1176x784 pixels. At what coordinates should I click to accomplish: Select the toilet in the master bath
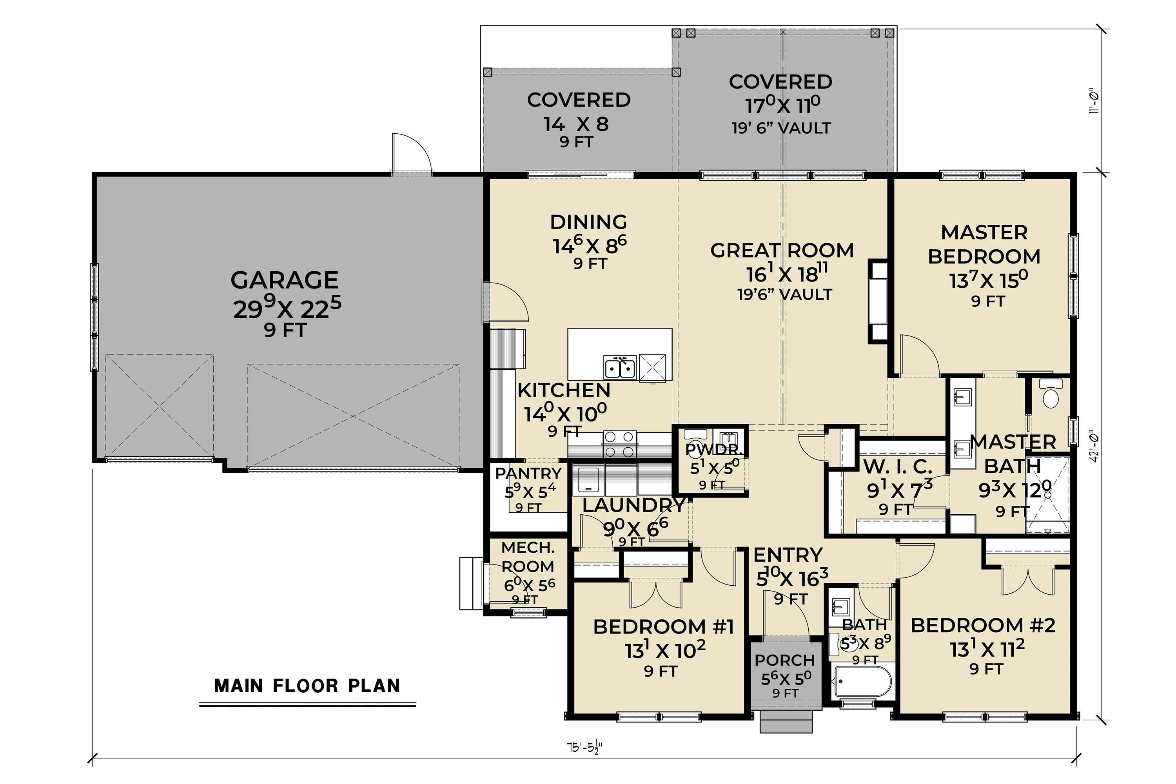[1049, 395]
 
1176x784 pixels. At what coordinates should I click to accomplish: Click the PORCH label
[784, 661]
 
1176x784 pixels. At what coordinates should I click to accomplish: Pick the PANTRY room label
[528, 474]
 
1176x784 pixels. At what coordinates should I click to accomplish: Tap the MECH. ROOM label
[528, 557]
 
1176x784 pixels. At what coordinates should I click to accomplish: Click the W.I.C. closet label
[898, 466]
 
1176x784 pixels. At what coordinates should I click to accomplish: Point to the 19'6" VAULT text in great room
[784, 294]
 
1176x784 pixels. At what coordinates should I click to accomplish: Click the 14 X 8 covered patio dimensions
[576, 124]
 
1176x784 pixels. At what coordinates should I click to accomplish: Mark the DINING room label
[588, 222]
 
